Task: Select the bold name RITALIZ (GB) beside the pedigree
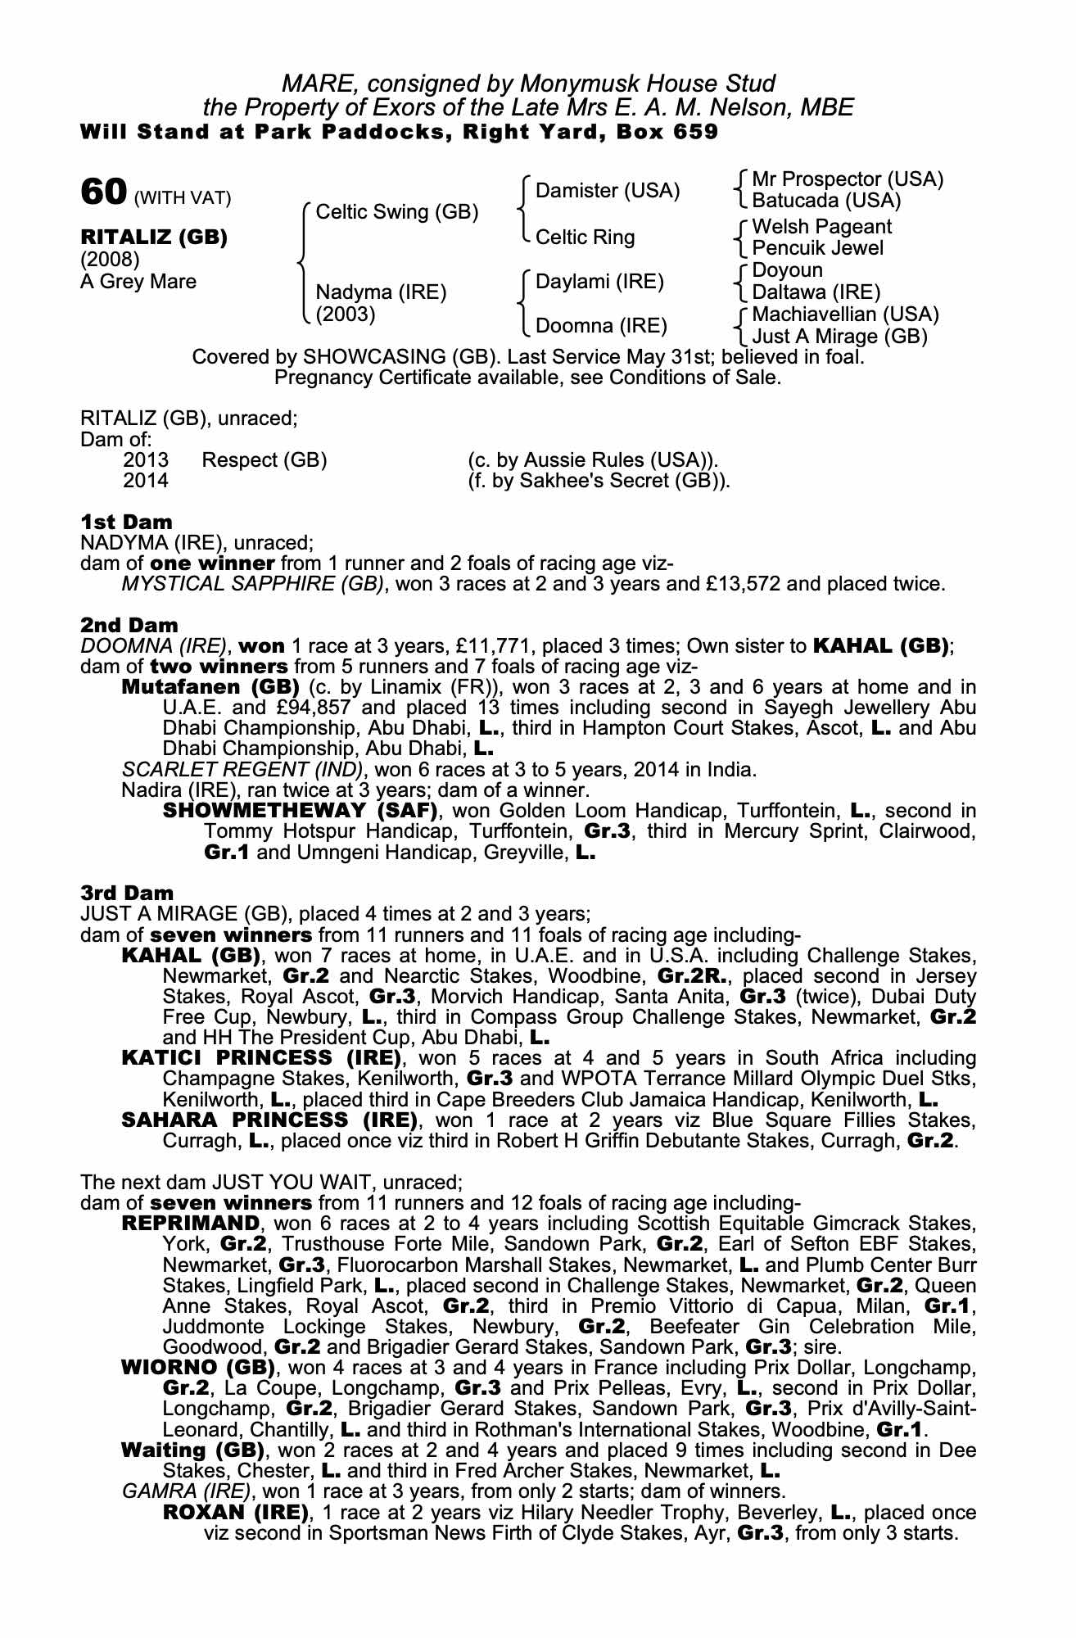(154, 238)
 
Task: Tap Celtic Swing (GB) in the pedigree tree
(396, 212)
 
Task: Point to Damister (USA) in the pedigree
(607, 191)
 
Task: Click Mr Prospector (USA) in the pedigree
(847, 179)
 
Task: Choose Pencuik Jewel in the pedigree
(817, 248)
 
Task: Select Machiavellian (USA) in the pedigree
(845, 314)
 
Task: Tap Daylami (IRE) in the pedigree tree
(599, 282)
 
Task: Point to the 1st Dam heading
(127, 522)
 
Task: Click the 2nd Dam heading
(129, 626)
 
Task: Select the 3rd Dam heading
(128, 892)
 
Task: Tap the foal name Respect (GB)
(264, 460)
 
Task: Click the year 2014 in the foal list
(146, 481)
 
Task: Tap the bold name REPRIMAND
(190, 1224)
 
